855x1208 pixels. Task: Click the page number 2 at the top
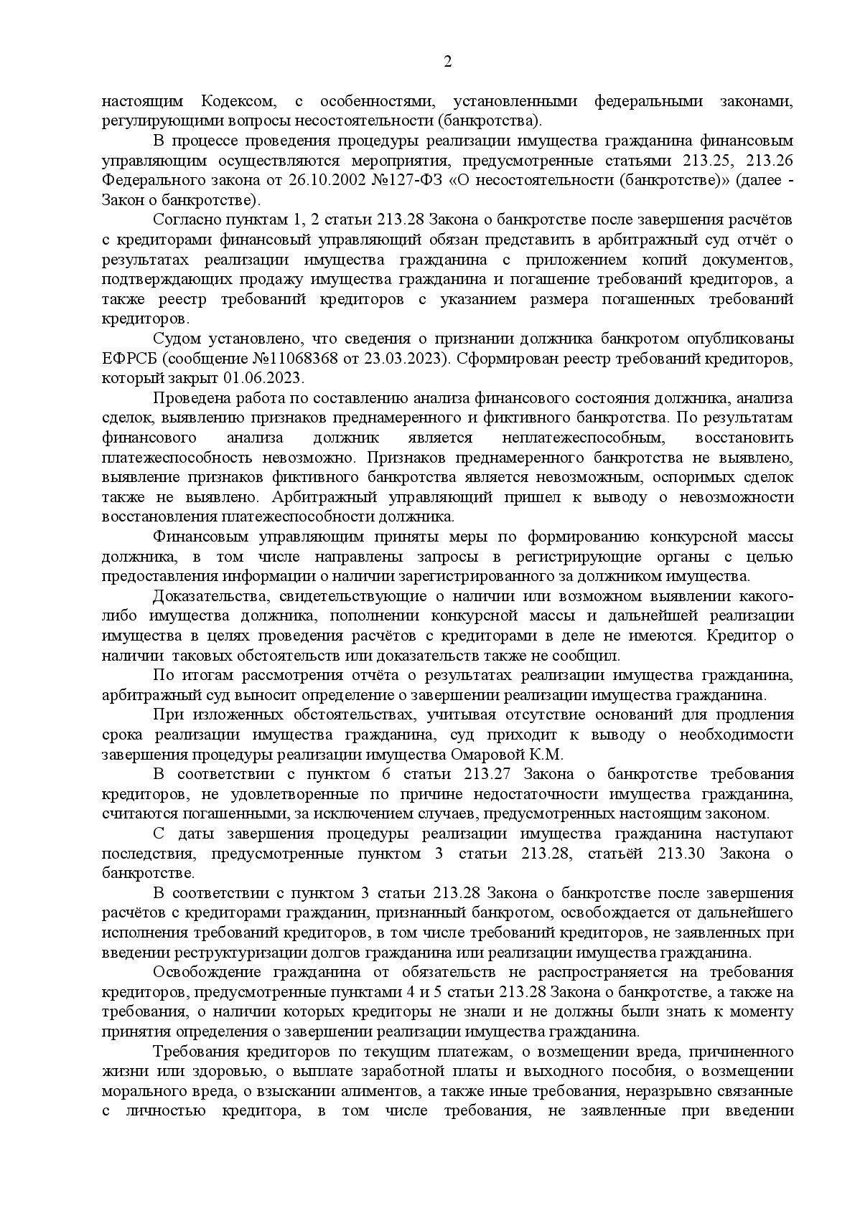click(x=448, y=62)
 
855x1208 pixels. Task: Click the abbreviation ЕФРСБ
click(x=126, y=358)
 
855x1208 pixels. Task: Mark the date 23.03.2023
click(x=401, y=358)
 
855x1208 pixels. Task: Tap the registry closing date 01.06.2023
click(x=269, y=378)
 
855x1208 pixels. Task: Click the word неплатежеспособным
click(x=585, y=438)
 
